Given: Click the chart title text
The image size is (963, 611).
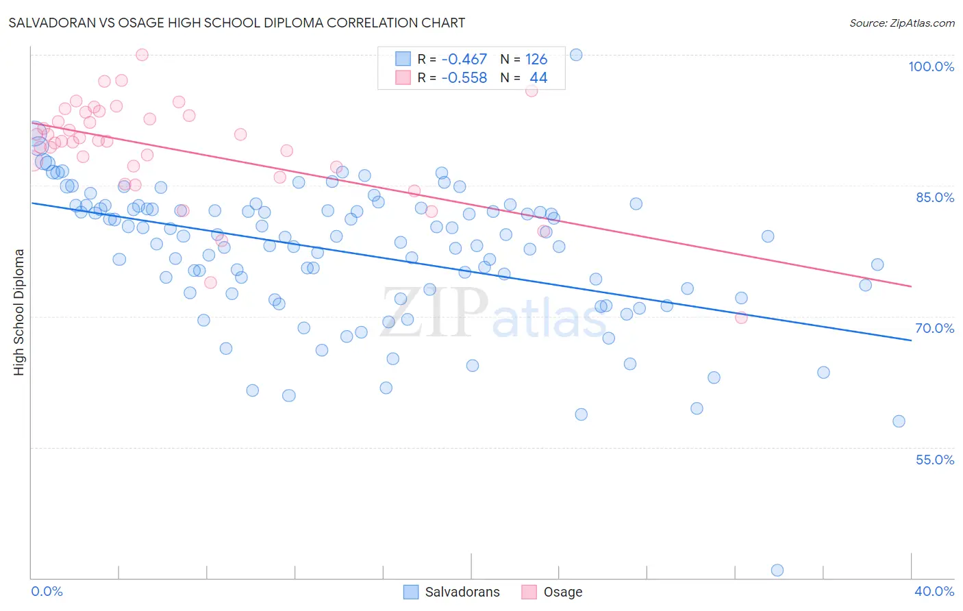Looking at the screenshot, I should point(236,23).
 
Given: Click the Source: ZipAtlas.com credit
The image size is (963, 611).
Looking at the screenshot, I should point(901,23).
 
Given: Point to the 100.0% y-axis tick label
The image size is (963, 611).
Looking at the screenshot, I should point(931,66).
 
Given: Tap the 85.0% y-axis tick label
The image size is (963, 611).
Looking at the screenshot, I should point(934,197).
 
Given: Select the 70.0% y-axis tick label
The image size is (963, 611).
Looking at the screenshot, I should point(934,328).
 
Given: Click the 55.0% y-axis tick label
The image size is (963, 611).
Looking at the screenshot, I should point(934,460).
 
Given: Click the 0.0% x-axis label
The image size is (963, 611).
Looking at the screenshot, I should point(47,591).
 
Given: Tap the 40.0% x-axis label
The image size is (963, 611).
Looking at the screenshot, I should point(934,591).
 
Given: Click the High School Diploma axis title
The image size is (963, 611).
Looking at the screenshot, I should point(19,312).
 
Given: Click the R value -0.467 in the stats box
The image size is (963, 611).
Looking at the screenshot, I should point(464,60).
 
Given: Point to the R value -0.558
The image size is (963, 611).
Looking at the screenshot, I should point(464,78).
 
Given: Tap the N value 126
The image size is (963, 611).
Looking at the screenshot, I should point(536,60).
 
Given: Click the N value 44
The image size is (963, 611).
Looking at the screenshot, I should point(538,78).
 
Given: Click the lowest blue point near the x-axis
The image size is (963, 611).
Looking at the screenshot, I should point(777,570).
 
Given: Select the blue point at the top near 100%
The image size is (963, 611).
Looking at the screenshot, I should point(576,55).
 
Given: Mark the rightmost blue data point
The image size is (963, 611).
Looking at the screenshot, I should point(899,421).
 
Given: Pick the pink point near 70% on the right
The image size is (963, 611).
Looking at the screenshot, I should point(741,317).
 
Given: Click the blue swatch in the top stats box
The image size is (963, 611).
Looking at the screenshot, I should point(403,60).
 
